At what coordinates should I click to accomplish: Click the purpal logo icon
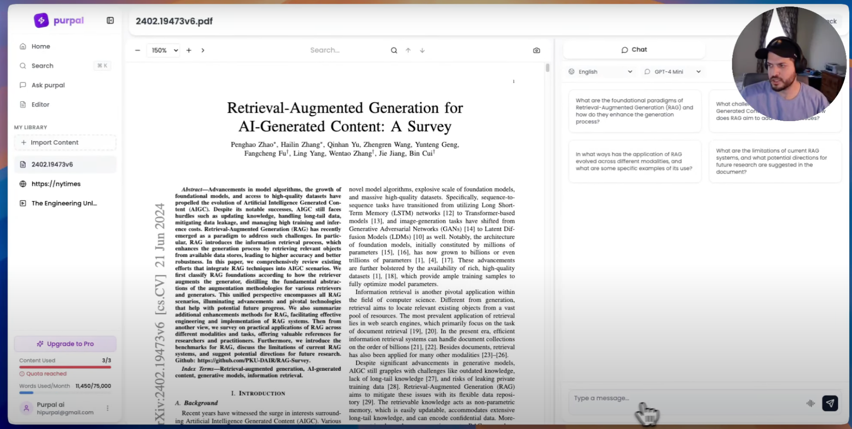point(41,20)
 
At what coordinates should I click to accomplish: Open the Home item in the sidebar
point(40,46)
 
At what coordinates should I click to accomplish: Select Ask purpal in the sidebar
point(48,85)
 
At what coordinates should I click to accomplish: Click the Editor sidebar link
point(40,105)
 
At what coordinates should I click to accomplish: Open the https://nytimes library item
point(56,184)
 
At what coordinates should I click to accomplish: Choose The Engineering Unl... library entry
point(64,203)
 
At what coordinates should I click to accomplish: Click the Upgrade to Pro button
point(65,344)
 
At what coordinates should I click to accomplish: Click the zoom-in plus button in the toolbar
point(189,50)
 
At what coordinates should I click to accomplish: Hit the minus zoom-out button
point(137,50)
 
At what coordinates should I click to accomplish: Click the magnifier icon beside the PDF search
point(394,50)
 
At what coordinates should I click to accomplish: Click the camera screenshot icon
point(537,50)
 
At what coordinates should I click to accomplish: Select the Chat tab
point(634,50)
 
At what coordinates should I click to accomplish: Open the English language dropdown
point(600,72)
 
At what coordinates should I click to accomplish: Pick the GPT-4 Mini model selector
point(673,72)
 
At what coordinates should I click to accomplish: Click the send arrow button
point(830,403)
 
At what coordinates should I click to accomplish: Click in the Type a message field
point(684,398)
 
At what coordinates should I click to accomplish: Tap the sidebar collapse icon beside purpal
point(110,20)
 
